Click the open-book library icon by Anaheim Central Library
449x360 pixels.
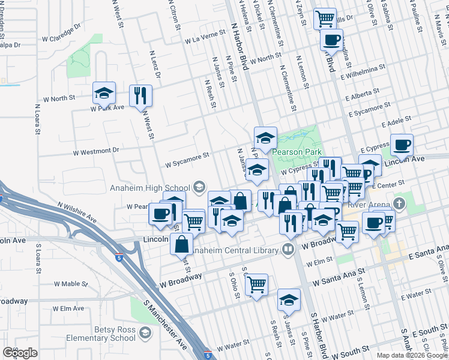point(289,249)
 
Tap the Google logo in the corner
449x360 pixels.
point(20,353)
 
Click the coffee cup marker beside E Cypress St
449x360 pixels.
point(402,145)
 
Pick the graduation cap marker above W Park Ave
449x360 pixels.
point(104,93)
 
